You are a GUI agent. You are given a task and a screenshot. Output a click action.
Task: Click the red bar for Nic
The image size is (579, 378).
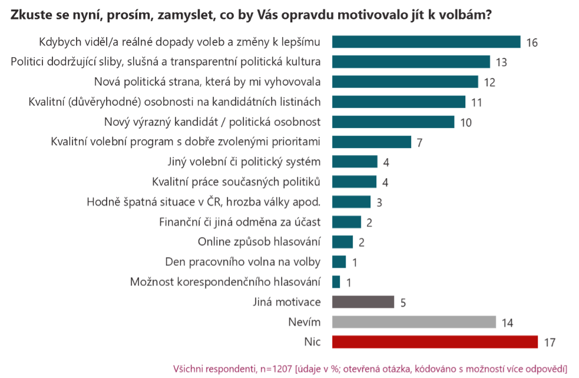[x=435, y=342]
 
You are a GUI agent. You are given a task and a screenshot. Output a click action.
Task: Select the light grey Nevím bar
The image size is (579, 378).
[x=413, y=322]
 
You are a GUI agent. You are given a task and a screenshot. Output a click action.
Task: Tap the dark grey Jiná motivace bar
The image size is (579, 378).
[x=363, y=302]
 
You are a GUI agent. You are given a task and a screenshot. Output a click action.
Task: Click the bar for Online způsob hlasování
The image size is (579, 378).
[x=342, y=242]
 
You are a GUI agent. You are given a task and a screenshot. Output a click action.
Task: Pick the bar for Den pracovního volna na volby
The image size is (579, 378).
[x=339, y=262]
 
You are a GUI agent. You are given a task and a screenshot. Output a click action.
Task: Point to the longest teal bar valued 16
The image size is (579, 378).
[x=426, y=42]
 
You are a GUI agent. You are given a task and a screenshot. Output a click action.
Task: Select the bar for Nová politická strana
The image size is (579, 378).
[x=405, y=82]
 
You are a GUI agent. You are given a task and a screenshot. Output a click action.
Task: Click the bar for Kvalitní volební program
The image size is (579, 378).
[x=371, y=142]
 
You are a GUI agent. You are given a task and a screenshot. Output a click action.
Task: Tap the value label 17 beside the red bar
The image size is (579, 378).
[x=550, y=343]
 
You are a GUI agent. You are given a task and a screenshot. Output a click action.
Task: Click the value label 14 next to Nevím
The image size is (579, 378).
[x=508, y=323]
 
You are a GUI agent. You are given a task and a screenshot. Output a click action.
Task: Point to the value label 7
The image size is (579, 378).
[x=419, y=143]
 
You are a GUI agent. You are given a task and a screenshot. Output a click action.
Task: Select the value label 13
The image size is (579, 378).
[x=501, y=63]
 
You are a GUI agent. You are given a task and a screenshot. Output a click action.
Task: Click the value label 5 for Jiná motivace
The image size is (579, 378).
[x=403, y=303]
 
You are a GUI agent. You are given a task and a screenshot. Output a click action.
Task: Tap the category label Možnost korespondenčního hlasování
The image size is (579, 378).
[x=225, y=282]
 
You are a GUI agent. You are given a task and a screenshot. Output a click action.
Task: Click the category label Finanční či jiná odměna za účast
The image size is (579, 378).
[x=240, y=222]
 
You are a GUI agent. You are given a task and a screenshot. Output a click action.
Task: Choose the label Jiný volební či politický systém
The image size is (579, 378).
[x=244, y=162]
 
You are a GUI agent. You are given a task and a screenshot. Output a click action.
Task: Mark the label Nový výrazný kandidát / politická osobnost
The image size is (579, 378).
[x=211, y=121]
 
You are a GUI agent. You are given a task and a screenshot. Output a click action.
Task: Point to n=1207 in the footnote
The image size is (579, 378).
[x=273, y=369]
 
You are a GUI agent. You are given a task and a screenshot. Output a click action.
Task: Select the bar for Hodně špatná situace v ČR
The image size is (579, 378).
[x=351, y=202]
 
